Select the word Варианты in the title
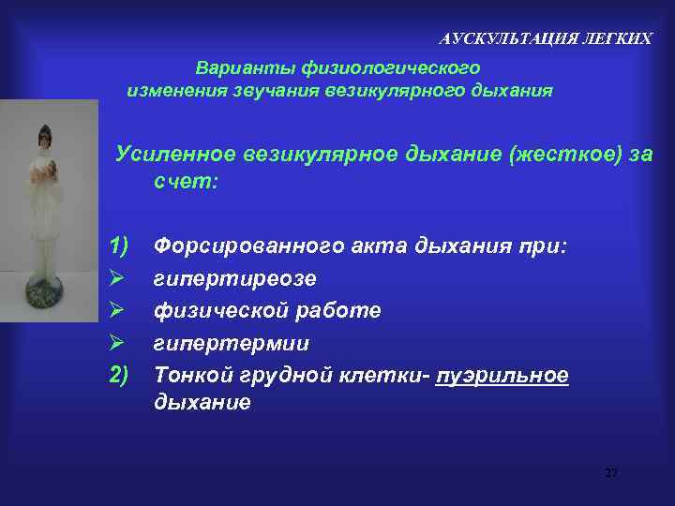point(235,68)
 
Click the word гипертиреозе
point(235,279)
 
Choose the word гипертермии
point(231,343)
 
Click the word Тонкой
point(187,375)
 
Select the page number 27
point(611,472)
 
